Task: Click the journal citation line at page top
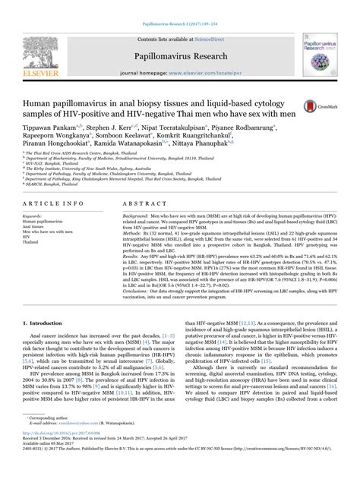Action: [x=179, y=5]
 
